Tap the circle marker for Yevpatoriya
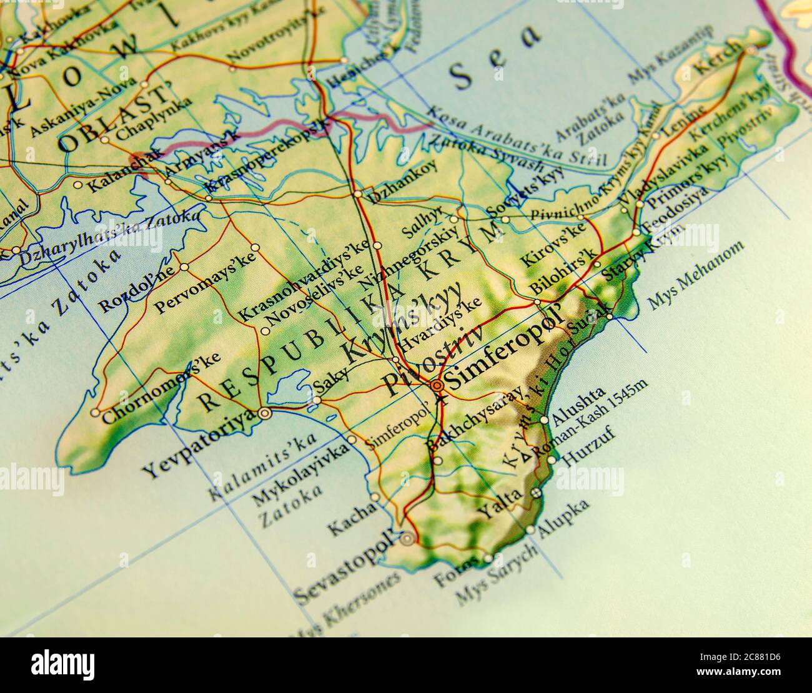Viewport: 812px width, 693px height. [x=265, y=413]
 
